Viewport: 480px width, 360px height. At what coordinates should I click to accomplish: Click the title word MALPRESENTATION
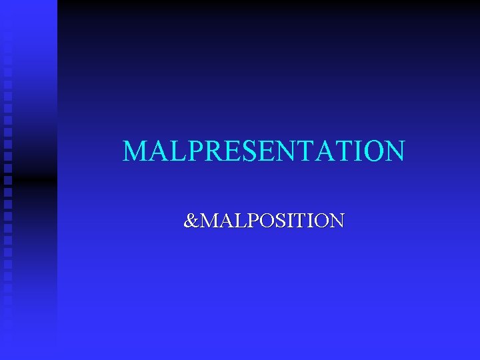coord(263,151)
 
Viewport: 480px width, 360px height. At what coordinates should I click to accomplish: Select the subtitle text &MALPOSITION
coord(264,220)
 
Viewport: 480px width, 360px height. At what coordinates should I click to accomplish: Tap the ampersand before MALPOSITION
coord(191,220)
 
